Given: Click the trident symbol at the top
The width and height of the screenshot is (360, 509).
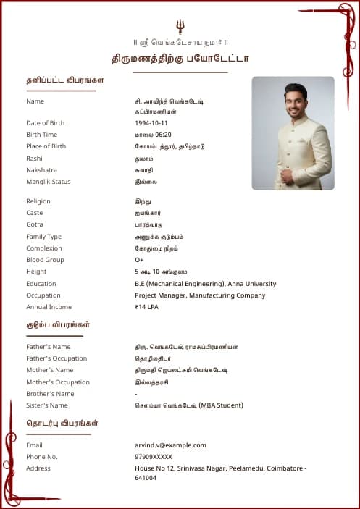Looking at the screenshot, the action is [x=180, y=26].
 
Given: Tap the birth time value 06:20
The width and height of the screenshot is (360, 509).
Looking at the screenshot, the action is [x=162, y=135].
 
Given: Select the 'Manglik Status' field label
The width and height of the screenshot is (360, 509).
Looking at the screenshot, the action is [x=49, y=182].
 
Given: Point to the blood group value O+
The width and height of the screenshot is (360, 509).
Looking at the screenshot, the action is [x=139, y=260].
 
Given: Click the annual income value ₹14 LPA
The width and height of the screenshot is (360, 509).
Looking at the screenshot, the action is [x=146, y=307].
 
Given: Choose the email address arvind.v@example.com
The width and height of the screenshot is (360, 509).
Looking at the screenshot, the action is [x=170, y=445].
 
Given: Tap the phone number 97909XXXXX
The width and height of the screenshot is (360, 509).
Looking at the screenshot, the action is [x=154, y=457].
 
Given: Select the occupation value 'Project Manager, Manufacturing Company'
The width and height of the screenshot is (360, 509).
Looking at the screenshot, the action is [x=200, y=295].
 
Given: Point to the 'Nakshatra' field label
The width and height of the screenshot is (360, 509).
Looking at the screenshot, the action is [x=42, y=170].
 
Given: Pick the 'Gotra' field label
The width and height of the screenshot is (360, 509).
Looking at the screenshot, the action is [x=35, y=224].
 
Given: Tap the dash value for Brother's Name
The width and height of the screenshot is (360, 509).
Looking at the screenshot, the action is [x=136, y=394].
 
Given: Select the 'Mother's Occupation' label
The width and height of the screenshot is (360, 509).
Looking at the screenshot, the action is [x=58, y=382].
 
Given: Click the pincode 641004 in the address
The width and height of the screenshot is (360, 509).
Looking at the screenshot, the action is [x=146, y=478].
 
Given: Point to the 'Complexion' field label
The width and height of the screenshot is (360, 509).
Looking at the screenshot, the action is [x=45, y=248].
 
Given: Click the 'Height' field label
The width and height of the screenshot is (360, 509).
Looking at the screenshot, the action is [x=36, y=272].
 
